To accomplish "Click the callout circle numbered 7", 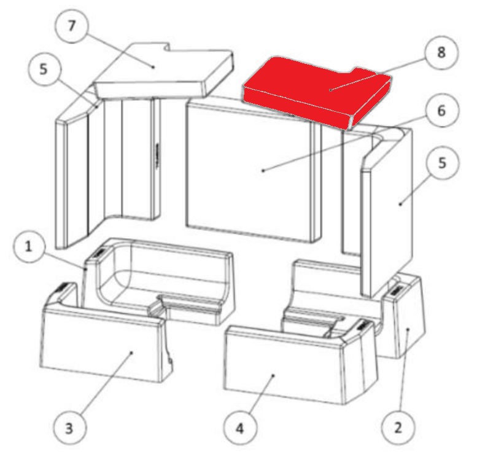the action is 72,26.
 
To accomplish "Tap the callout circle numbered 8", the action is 441,53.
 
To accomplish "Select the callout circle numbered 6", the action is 441,111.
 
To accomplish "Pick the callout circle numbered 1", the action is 29,246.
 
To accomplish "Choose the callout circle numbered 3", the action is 69,428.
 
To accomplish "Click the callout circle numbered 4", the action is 240,428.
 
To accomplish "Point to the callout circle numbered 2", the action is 398,428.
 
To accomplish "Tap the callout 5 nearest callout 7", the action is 44,70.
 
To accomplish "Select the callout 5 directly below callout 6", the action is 443,163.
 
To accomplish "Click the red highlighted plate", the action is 316,92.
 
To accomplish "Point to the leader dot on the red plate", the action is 330,90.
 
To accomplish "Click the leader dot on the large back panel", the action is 263,171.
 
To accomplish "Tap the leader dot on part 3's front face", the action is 131,353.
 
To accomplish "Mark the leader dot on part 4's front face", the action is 273,376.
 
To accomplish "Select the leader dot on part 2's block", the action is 408,329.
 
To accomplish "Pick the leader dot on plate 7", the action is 153,67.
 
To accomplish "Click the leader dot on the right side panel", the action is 400,204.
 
